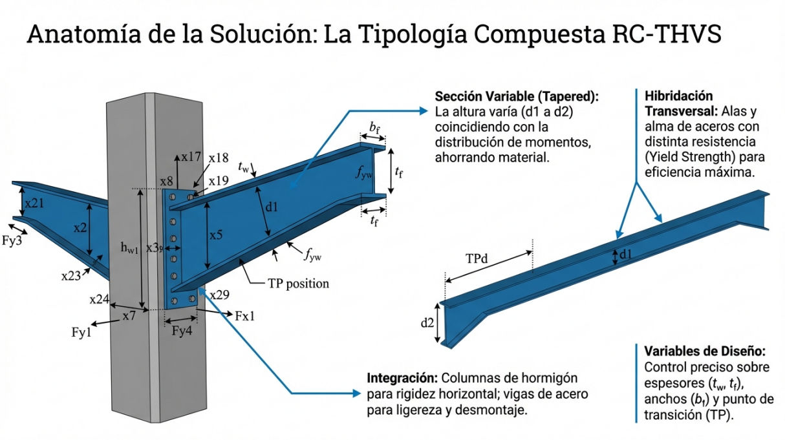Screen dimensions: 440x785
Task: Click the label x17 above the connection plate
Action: pos(191,156)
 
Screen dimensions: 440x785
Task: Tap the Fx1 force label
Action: pos(245,317)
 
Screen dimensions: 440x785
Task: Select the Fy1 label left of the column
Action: pos(81,333)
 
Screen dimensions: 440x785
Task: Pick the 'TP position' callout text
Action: pos(298,283)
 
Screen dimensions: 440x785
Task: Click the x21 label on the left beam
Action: pos(35,203)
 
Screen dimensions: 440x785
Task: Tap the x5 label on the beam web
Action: pos(216,235)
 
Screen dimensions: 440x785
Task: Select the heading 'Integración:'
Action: pos(402,377)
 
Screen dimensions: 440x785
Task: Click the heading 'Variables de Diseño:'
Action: pos(705,351)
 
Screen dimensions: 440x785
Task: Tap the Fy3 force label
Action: pos(12,242)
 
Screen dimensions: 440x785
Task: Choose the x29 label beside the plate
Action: pos(220,295)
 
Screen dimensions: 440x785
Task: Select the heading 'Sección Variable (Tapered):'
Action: pos(517,96)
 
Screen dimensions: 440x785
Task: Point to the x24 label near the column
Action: pos(100,300)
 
